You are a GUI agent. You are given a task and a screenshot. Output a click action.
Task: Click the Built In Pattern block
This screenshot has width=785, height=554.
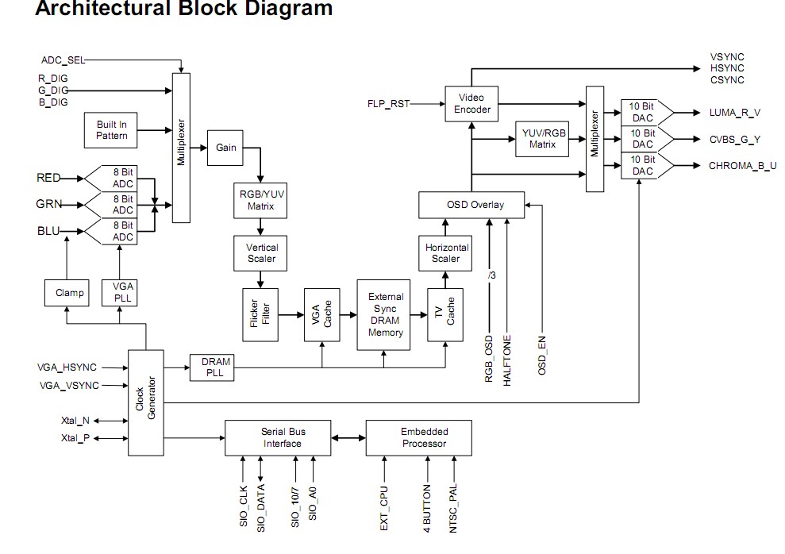tap(112, 130)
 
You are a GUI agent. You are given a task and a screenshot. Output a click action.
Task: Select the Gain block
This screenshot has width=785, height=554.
tap(226, 148)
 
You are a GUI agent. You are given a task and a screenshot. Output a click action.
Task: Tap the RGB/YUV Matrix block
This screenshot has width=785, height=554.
tap(256, 199)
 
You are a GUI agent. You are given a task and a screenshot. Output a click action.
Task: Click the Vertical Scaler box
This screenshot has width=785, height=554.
tap(262, 253)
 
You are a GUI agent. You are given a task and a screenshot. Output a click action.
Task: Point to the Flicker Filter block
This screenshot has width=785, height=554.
tap(260, 315)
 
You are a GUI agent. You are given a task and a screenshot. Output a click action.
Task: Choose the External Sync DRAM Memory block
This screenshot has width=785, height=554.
tap(386, 315)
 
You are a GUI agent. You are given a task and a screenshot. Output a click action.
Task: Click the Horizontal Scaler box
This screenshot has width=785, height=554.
tap(445, 253)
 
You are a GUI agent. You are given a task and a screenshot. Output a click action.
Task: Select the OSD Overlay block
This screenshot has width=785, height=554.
tap(471, 205)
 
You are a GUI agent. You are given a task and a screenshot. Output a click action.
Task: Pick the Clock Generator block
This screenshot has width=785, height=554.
tap(146, 402)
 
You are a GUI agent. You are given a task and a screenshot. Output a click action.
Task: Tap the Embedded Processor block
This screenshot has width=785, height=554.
tap(418, 438)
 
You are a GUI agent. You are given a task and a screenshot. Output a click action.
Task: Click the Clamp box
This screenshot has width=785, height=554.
tap(69, 293)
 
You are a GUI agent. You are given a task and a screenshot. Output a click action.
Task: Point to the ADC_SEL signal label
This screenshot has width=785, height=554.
tap(63, 60)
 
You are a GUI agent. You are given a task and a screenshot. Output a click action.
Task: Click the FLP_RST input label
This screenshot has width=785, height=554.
tap(388, 104)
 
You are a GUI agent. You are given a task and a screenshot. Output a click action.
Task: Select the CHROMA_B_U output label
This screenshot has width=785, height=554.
tap(743, 166)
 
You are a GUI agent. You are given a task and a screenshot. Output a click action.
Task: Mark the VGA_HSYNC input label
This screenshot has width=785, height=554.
tap(67, 367)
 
